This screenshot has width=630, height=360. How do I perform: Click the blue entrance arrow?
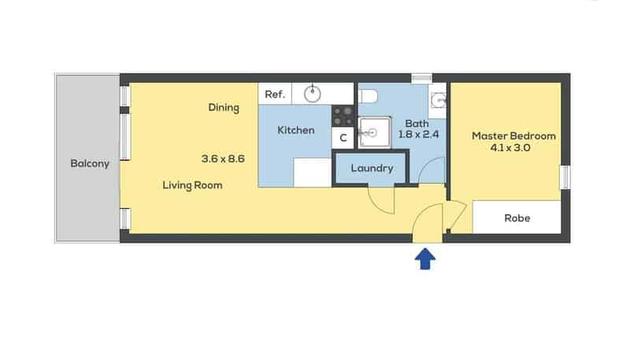click(x=425, y=259)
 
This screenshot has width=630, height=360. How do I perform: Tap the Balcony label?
click(x=90, y=164)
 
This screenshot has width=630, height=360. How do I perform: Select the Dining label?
click(x=224, y=108)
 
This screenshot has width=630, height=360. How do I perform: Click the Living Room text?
click(x=192, y=185)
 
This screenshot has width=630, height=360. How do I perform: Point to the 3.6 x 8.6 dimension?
click(x=223, y=158)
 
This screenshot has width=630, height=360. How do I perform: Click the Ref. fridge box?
click(x=275, y=94)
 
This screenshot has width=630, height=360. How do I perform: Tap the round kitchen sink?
click(x=312, y=94)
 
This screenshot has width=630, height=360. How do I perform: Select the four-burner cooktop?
click(x=343, y=116)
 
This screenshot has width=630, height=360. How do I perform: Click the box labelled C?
click(x=343, y=138)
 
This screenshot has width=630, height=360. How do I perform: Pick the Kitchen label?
click(x=296, y=130)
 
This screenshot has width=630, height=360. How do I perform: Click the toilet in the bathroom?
click(x=369, y=96)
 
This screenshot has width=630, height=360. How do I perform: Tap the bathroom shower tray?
click(x=374, y=132)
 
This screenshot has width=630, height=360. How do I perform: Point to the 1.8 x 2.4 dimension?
click(x=418, y=135)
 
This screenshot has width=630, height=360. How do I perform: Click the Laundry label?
click(x=372, y=169)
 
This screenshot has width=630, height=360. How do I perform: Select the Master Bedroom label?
click(x=514, y=135)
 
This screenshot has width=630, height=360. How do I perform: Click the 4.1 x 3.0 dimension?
click(x=510, y=148)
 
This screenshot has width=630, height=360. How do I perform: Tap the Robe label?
click(x=517, y=218)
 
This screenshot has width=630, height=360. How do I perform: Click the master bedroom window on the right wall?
click(x=565, y=177)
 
